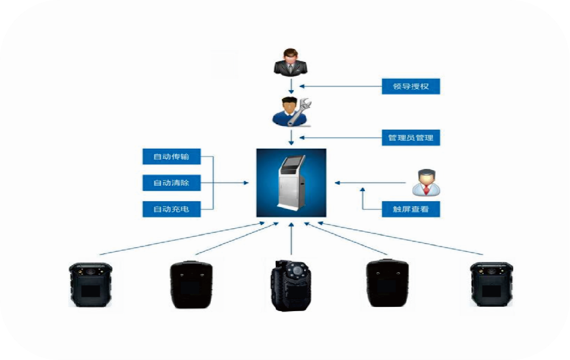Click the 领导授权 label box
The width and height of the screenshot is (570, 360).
(x=411, y=87)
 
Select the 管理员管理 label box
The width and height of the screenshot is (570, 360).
(x=411, y=139)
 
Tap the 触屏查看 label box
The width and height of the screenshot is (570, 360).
(x=411, y=210)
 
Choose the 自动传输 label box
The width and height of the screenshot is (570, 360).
(x=171, y=156)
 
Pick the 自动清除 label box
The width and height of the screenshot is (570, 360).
(x=171, y=183)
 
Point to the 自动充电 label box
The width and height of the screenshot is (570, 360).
(x=171, y=209)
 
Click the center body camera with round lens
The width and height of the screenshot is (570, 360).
(x=291, y=286)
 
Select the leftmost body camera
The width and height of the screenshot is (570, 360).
(x=90, y=285)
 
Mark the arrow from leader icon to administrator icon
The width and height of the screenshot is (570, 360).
(x=291, y=85)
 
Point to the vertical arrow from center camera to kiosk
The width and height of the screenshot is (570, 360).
(x=291, y=242)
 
